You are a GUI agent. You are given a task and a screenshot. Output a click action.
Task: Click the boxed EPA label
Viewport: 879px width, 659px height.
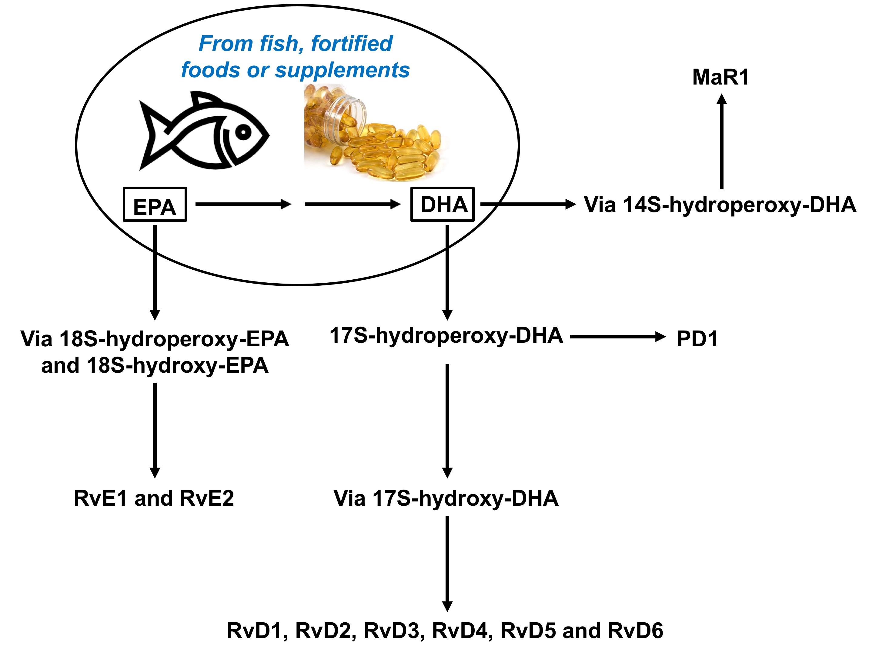click(155, 205)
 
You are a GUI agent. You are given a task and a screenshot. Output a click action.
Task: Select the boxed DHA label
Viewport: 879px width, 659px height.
click(442, 204)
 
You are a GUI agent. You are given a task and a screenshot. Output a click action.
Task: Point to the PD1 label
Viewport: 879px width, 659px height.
click(697, 339)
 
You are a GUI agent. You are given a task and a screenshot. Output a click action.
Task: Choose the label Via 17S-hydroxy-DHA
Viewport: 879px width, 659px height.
click(446, 498)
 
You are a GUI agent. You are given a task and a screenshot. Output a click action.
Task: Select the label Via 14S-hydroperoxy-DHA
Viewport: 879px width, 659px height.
click(720, 205)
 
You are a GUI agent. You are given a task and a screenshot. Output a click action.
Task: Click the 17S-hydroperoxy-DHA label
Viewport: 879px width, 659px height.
click(446, 336)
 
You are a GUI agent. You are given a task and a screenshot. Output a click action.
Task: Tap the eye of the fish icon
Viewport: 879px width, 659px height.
click(243, 131)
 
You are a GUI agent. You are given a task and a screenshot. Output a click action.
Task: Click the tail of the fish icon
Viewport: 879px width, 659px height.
click(153, 135)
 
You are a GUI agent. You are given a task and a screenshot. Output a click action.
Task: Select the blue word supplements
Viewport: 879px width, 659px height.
click(342, 70)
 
